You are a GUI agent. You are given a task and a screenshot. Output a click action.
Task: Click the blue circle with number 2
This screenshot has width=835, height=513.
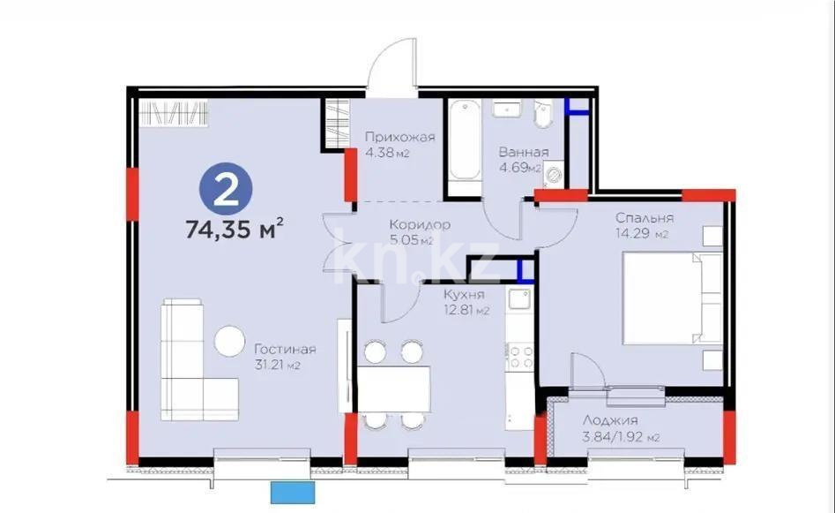[x=227, y=188]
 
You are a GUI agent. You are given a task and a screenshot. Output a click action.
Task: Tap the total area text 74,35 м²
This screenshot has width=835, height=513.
[x=234, y=230]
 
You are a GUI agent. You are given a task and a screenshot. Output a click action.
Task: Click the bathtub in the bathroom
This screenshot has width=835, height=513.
[x=465, y=146]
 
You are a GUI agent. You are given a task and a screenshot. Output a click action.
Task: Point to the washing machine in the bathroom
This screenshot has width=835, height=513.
[x=554, y=174]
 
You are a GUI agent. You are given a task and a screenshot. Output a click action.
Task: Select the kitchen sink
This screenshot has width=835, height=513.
[x=520, y=299]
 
